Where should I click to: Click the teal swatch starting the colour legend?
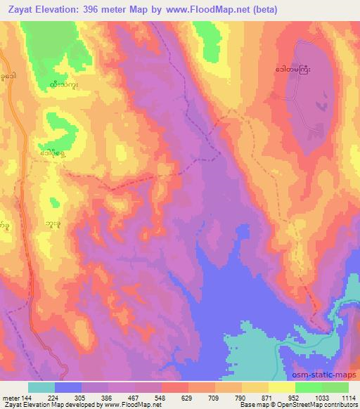[x=41, y=387]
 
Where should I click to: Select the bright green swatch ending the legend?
[x=335, y=387]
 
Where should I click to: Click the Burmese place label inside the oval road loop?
[x=296, y=71]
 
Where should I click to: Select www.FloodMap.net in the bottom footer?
[x=133, y=405]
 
